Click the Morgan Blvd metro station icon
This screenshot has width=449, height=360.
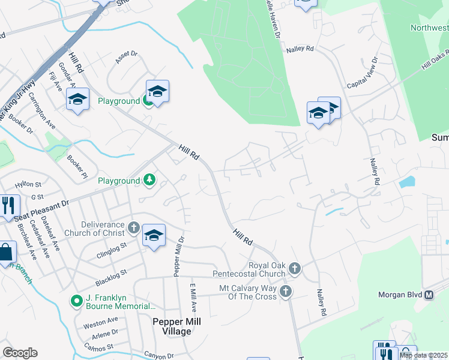click(429, 295)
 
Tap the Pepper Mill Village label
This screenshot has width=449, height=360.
click(176, 326)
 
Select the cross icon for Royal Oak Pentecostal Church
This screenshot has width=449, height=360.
click(294, 268)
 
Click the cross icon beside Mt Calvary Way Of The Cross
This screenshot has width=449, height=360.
click(286, 292)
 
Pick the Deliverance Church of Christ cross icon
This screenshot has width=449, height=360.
click(133, 228)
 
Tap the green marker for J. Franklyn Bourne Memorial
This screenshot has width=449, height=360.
click(76, 301)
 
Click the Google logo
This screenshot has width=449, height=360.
click(20, 353)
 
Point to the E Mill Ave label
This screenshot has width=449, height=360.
click(193, 298)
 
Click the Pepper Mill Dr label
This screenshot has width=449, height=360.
click(178, 257)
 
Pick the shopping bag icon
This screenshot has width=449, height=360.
click(6, 253)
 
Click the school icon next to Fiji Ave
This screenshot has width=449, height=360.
click(77, 99)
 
